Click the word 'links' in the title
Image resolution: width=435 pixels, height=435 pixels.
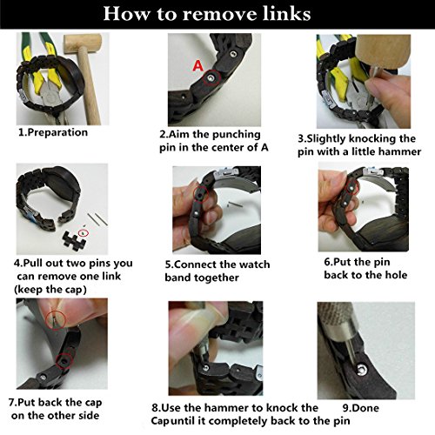point(286,14)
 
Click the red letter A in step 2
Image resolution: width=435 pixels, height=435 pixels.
point(198,66)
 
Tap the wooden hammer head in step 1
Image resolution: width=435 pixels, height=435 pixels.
point(83,43)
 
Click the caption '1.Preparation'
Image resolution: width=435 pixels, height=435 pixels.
point(53,132)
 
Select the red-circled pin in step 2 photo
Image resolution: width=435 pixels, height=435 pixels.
point(211,77)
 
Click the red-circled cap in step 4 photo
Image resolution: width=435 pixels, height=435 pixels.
point(84,232)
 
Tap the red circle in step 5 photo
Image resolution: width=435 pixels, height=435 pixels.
point(200,194)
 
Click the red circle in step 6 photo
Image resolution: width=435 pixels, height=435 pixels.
point(351,188)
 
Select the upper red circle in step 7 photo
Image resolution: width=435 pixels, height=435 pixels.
point(56,319)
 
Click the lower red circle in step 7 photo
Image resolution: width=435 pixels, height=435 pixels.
point(64,361)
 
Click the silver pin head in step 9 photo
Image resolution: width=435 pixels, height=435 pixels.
point(361,369)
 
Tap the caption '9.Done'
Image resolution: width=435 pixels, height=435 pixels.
point(361,408)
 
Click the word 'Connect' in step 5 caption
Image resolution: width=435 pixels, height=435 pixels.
point(196,264)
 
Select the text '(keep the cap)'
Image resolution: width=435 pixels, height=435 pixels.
point(50,290)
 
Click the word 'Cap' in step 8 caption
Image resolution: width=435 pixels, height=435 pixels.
point(160,421)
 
